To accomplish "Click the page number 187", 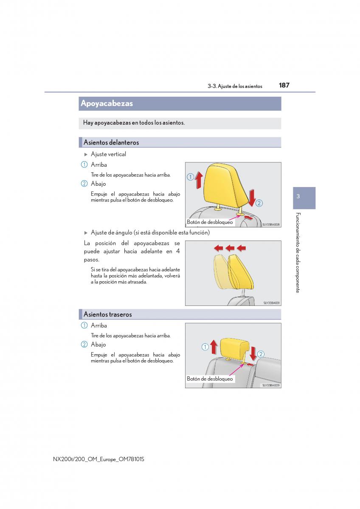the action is [284, 85].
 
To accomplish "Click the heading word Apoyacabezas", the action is [107, 103].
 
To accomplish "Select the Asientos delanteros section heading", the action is [111, 143].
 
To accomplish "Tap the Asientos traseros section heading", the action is [107, 314].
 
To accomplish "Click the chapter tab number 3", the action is [298, 196].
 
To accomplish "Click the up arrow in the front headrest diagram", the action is [199, 180].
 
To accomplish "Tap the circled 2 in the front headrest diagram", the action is [259, 203].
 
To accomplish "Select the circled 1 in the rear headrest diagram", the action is [205, 347].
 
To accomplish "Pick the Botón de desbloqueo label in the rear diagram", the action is [210, 378].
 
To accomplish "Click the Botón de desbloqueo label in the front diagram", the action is [210, 222].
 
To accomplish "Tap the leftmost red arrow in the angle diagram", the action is [218, 248].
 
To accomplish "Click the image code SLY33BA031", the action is [271, 303].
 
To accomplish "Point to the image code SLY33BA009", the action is [271, 386].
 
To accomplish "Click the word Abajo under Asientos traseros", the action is [98, 344].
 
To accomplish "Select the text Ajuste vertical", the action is [108, 154].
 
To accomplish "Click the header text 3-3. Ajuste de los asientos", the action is [235, 87].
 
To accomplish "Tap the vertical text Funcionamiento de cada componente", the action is [298, 253].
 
